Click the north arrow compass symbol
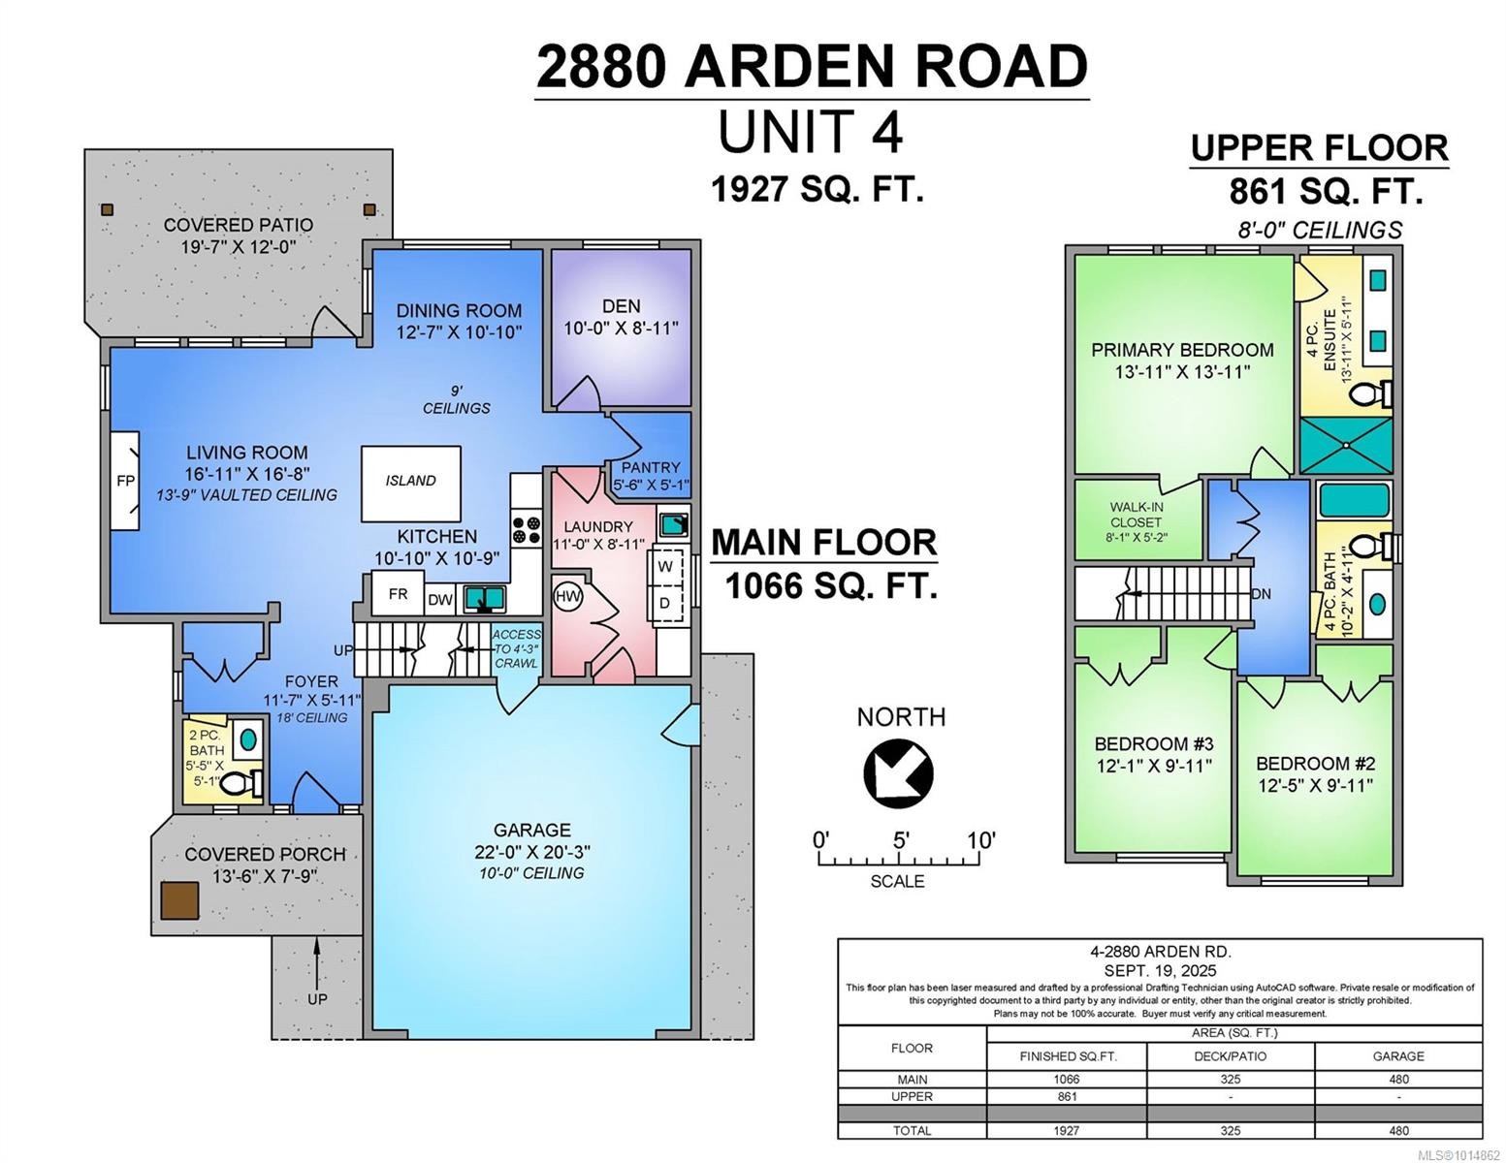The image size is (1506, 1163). (898, 772)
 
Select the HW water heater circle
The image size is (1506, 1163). (568, 596)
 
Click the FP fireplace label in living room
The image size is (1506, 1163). (124, 481)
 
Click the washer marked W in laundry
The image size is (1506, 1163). (665, 566)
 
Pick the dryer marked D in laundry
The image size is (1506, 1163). (665, 604)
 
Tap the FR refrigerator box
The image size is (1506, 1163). (398, 594)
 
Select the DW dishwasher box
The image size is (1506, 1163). (439, 600)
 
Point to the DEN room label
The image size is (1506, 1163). (621, 306)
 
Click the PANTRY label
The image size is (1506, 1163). (651, 467)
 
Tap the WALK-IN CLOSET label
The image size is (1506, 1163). (1136, 515)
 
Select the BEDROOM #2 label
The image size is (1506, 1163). (1315, 764)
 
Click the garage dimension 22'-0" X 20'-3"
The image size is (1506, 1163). (531, 852)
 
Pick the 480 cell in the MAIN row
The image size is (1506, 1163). (1397, 1080)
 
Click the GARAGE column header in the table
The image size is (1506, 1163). (1397, 1055)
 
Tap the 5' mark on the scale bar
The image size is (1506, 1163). (901, 840)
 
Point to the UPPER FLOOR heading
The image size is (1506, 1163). (1319, 148)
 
